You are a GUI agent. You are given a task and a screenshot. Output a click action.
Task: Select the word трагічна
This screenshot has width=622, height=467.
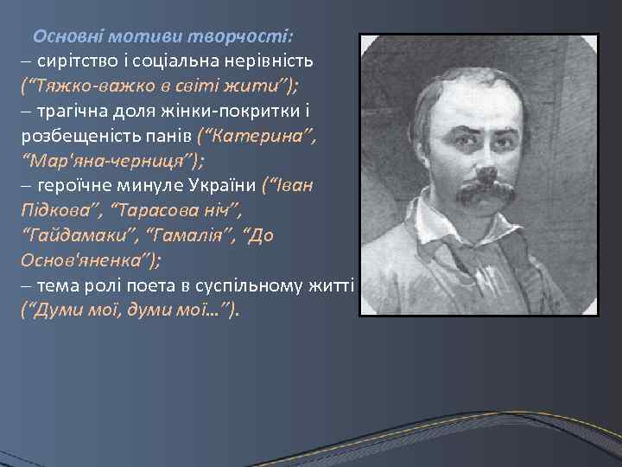[x=71, y=112]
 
